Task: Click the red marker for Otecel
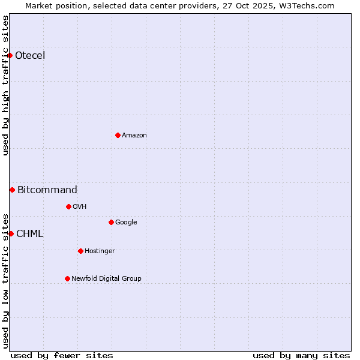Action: coord(10,55)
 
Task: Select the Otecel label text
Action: coord(30,56)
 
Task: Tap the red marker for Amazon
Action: coord(118,135)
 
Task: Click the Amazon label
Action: coord(134,136)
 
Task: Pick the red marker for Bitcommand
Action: coord(12,190)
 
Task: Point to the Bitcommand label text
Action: coord(47,190)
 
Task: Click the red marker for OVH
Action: coord(68,206)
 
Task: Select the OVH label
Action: coord(80,207)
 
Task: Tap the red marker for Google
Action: coord(111,222)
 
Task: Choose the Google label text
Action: coord(126,223)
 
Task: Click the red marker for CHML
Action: coord(11,233)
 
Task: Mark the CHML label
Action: coord(30,234)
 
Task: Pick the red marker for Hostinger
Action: coord(80,251)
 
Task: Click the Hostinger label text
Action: coord(100,251)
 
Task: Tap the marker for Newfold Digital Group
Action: coord(67,278)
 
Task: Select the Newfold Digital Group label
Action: coord(107,279)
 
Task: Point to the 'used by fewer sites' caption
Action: coord(62,355)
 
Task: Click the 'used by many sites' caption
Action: coord(301,355)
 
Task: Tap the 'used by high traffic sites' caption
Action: coord(6,85)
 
